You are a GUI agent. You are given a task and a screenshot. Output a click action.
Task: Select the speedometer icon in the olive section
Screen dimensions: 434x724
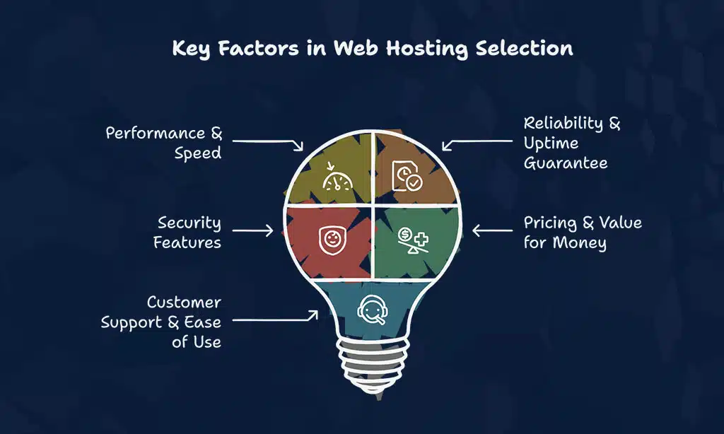pos(337,177)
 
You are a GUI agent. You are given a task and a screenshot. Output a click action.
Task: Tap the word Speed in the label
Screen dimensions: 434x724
pos(198,153)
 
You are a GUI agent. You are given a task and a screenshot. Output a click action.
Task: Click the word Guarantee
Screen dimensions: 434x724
pos(566,163)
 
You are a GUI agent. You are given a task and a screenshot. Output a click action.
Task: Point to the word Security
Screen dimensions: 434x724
pos(189,223)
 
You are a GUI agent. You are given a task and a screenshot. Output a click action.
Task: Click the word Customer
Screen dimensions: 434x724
pos(184,303)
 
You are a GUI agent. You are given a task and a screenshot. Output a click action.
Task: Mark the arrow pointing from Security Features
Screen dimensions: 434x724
pos(252,230)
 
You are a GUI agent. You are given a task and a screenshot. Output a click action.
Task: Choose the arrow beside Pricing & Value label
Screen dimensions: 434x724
pos(493,230)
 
